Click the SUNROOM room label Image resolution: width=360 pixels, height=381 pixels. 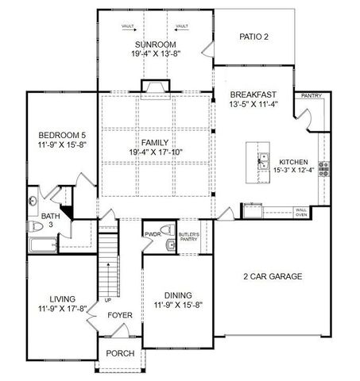coord(154,44)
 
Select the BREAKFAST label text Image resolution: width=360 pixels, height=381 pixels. coord(254,94)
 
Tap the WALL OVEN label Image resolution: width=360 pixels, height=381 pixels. coord(302,212)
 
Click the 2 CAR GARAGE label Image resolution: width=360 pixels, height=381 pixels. coord(273,276)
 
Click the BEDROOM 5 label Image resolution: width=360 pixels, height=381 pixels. coord(60,134)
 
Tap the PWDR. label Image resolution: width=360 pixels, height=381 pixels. coord(153,235)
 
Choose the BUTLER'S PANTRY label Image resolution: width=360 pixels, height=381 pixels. coord(188,237)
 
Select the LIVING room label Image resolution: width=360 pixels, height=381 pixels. coord(61,299)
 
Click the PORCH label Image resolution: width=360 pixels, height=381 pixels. coord(120,354)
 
